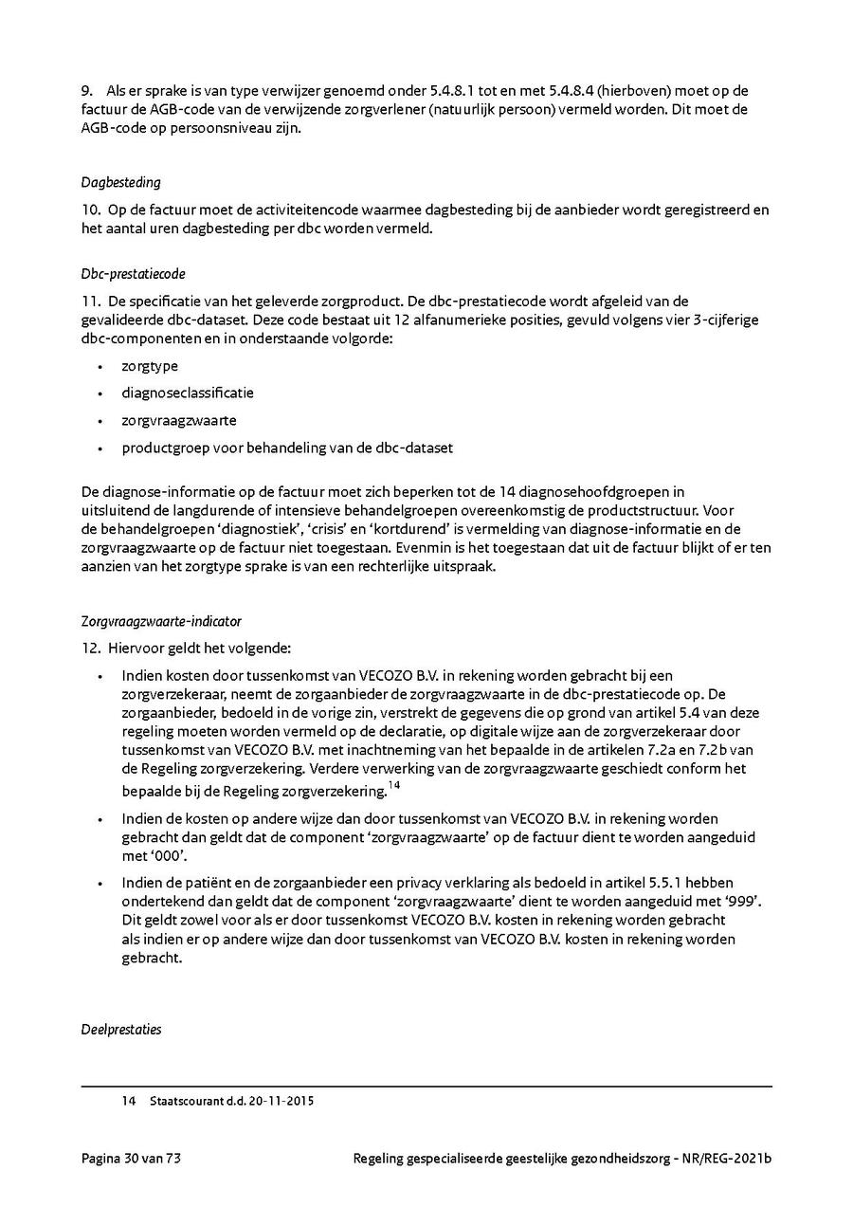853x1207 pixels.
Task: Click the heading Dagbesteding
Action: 120,182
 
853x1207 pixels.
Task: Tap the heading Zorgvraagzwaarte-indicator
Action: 161,622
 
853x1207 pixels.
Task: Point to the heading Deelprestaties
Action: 121,1030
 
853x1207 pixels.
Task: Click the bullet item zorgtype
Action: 150,366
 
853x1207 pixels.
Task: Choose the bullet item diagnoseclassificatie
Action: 188,393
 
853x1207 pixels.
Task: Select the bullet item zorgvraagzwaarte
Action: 179,420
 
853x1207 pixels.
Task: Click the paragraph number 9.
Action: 86,91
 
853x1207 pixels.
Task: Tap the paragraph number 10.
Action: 89,209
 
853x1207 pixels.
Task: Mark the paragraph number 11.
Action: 89,302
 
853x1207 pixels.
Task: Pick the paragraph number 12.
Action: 89,649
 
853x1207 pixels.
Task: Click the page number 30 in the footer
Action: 133,1159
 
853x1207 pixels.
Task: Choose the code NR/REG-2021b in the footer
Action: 720,1159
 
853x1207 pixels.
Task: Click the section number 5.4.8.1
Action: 445,91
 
